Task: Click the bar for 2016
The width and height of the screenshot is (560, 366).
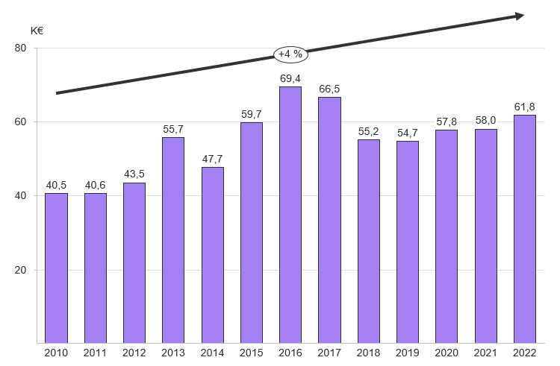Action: pos(290,215)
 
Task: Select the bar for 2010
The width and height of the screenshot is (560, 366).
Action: pos(56,268)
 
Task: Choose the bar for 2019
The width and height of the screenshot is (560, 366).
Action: pos(408,242)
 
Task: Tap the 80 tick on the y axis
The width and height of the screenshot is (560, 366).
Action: pos(20,48)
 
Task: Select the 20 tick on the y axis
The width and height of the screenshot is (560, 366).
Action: pos(20,270)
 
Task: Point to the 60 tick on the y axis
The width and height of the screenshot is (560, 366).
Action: pos(20,122)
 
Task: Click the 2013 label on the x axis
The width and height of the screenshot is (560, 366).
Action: pos(173,353)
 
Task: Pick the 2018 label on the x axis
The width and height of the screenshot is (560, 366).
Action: pos(368,353)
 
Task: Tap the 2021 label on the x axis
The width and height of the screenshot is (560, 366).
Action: pos(485,353)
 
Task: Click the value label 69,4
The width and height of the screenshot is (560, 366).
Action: pos(290,78)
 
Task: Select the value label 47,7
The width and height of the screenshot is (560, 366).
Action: pos(212,159)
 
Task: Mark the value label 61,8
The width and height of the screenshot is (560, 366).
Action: pos(525,107)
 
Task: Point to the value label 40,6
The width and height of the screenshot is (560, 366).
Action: pos(95,185)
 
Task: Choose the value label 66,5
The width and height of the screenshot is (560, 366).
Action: pos(329,89)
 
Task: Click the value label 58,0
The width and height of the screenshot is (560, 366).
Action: pos(485,121)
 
